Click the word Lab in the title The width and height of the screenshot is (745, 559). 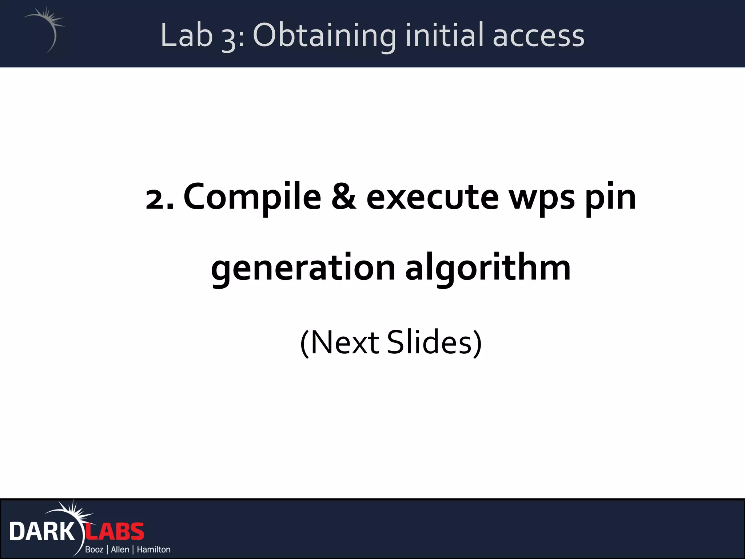pyautogui.click(x=186, y=35)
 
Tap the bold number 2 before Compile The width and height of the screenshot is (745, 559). pyautogui.click(x=156, y=199)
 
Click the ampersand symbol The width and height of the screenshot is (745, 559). pyautogui.click(x=344, y=197)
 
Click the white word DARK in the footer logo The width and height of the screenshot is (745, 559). pyautogui.click(x=41, y=532)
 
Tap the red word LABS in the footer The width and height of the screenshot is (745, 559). pyautogui.click(x=115, y=532)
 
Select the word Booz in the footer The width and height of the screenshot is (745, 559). pyautogui.click(x=94, y=549)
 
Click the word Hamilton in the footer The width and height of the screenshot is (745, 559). pyautogui.click(x=154, y=549)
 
